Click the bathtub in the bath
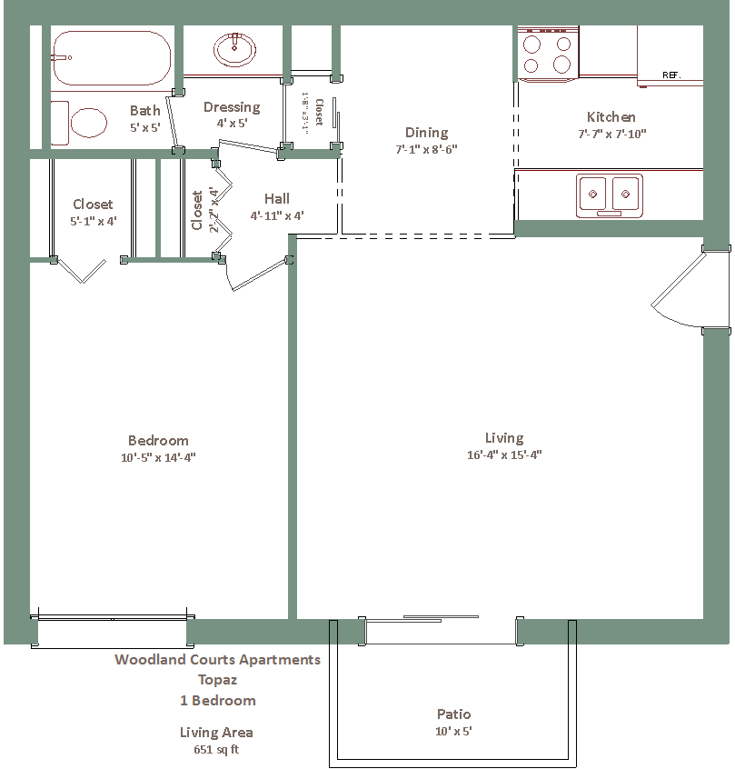coord(112,58)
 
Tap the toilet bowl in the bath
coord(89,123)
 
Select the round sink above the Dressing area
coord(235,49)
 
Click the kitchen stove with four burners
coord(548,54)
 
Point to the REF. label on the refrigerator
coord(671,75)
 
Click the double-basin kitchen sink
coord(609,195)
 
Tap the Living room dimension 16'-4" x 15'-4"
coord(504,454)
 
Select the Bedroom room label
coord(158,441)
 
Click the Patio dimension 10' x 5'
coord(453,731)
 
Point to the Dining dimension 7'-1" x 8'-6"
coord(427,149)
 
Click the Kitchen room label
coord(611,117)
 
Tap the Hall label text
coord(277,199)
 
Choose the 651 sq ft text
coord(216,749)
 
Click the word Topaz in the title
coord(218,680)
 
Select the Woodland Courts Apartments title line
coord(218,660)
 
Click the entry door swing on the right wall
coord(679,289)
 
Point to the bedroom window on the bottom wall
coord(113,632)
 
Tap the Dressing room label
coord(232,107)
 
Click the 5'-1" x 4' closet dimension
coord(94,221)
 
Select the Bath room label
coord(145,111)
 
